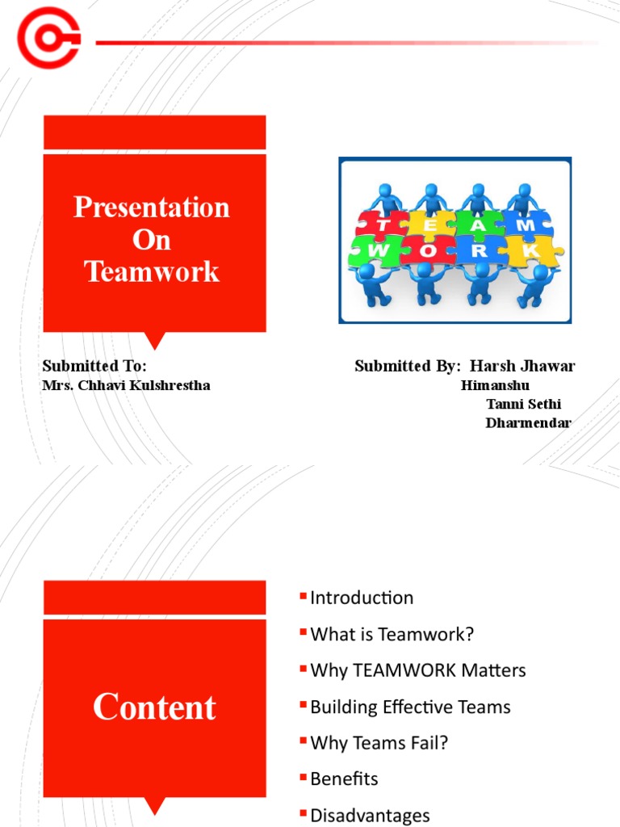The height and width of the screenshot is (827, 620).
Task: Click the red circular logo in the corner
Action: coord(48,38)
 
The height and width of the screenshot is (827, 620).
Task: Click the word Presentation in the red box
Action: coord(152,208)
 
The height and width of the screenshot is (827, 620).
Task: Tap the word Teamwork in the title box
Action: coord(152,271)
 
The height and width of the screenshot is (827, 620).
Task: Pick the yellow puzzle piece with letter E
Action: coord(429,225)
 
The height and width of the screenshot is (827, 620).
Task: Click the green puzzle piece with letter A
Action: coord(478,225)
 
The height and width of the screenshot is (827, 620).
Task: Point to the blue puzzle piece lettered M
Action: coord(525,225)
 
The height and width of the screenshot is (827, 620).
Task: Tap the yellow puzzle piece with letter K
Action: coord(530,251)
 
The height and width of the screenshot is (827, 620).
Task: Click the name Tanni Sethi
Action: coord(523,404)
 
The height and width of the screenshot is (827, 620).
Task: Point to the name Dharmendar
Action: coord(528,422)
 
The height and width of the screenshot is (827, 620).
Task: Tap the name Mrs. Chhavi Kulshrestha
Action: coord(126,385)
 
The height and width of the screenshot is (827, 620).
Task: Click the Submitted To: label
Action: coord(94,366)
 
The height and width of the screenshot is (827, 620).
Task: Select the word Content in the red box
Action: coord(154,707)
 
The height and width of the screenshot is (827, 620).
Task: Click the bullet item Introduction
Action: coord(362,598)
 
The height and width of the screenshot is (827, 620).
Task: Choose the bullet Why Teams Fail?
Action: coord(379,742)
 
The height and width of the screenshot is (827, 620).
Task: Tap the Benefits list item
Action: coord(344,779)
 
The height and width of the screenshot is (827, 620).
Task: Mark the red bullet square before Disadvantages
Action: coord(304,812)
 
